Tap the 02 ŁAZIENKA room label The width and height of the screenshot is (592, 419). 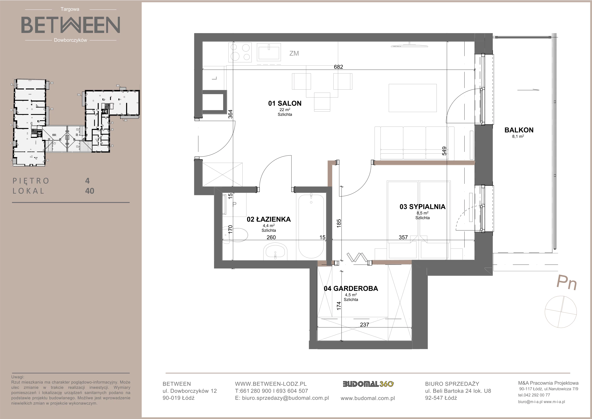(x=269, y=219)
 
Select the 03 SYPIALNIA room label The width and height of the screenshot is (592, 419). (x=422, y=207)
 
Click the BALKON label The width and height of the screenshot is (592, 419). (x=519, y=130)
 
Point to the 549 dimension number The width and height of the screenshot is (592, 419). (x=444, y=151)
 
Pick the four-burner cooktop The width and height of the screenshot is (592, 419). (x=240, y=53)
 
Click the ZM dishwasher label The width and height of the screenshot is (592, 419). (x=294, y=53)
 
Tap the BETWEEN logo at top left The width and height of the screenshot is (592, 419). (x=70, y=25)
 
